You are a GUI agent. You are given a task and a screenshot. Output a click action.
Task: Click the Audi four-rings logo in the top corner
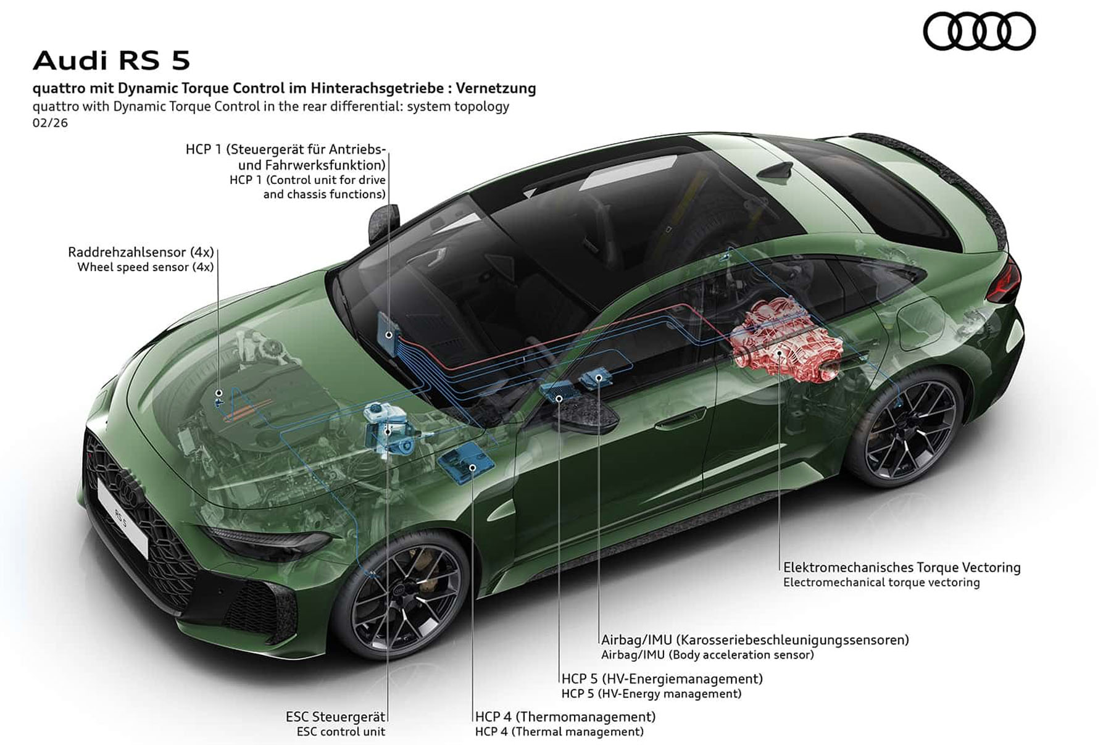pyautogui.click(x=979, y=31)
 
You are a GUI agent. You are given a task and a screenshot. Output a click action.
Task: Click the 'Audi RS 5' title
pyautogui.click(x=112, y=60)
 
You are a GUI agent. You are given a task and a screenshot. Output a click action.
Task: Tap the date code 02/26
pyautogui.click(x=50, y=123)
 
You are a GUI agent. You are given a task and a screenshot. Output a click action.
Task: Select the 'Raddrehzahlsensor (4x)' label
pyautogui.click(x=141, y=252)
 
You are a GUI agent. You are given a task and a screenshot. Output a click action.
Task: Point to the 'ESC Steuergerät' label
pyautogui.click(x=335, y=717)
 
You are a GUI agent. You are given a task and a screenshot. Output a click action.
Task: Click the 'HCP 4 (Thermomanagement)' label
pyautogui.click(x=565, y=717)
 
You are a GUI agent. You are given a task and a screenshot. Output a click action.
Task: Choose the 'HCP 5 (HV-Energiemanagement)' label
pyautogui.click(x=662, y=679)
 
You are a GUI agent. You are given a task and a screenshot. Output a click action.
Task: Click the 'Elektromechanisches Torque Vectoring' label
pyautogui.click(x=902, y=567)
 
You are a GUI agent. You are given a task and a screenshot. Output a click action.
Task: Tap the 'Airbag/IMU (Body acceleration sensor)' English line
pyautogui.click(x=708, y=655)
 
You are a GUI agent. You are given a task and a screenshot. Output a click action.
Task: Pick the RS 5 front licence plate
pyautogui.click(x=122, y=517)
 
